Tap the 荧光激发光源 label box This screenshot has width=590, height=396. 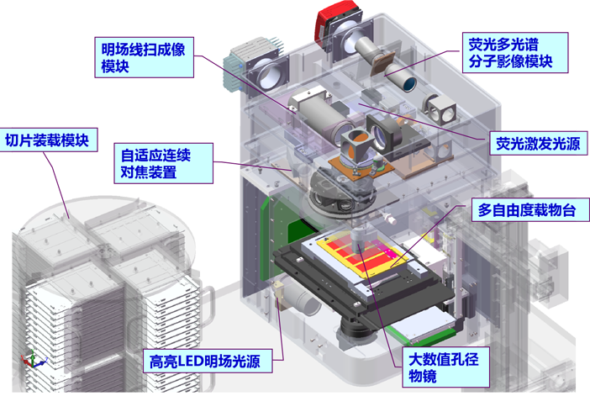point(535,144)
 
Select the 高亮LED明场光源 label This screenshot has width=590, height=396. point(211,362)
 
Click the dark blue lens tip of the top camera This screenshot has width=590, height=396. point(407,82)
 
